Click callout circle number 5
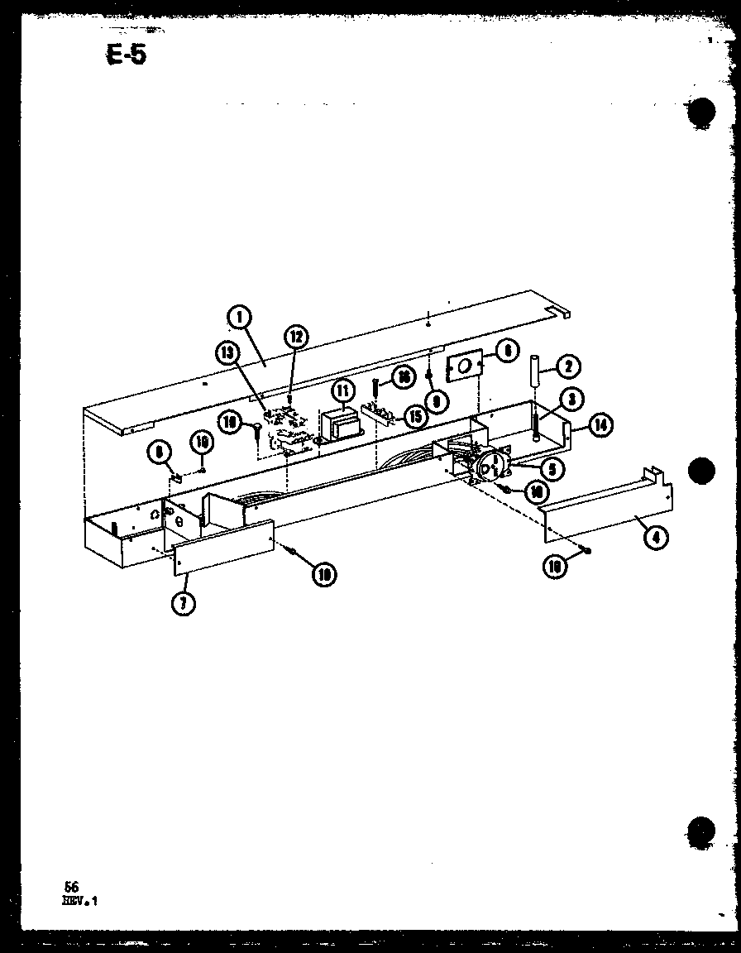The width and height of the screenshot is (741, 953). tap(548, 468)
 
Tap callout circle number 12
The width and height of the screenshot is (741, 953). tap(296, 336)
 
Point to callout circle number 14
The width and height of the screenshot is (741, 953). tap(600, 425)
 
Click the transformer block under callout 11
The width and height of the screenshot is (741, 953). tap(338, 424)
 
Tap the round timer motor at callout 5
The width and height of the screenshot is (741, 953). tap(492, 467)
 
